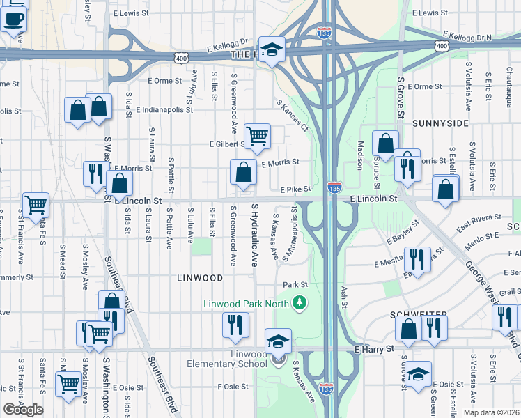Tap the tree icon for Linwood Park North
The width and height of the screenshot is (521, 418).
click(x=300, y=302)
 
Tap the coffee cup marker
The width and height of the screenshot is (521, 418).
click(x=13, y=20)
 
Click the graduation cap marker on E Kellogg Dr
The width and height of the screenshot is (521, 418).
click(x=272, y=49)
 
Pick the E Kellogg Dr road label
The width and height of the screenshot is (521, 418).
click(x=228, y=46)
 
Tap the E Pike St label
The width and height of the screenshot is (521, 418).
click(x=295, y=189)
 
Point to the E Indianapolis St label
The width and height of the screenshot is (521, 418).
click(x=168, y=110)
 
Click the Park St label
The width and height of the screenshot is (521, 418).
click(x=295, y=285)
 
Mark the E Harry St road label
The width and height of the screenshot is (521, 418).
click(x=374, y=348)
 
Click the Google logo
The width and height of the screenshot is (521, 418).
click(x=23, y=410)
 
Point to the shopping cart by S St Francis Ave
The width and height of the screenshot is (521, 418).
click(x=35, y=204)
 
